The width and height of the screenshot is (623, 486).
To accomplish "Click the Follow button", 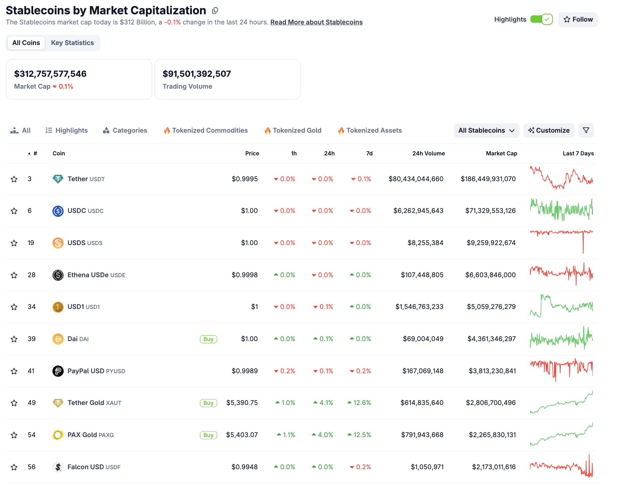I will tap(578, 20).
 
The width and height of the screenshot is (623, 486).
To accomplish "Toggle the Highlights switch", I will tap(541, 19).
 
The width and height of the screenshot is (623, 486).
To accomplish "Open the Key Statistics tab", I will tap(72, 43).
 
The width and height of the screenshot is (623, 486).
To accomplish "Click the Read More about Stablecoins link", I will tap(316, 22).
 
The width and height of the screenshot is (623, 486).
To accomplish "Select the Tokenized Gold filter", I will tap(293, 131).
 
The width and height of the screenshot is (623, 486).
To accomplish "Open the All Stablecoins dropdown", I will tap(486, 131).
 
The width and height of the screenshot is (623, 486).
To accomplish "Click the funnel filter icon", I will tap(586, 131).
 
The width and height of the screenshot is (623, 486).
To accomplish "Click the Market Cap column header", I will tap(501, 154).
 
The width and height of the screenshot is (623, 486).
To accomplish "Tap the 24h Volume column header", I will tap(428, 154).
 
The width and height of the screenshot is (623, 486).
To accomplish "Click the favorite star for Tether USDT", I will tap(14, 179).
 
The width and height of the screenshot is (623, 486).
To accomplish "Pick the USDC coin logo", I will tap(58, 211).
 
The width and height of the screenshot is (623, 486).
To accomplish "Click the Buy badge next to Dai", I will tap(208, 339).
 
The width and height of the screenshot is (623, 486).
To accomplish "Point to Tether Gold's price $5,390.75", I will tap(242, 403).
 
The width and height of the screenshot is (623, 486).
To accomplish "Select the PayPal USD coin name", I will tap(86, 371).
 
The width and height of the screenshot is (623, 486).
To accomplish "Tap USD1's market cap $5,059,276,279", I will tap(491, 307).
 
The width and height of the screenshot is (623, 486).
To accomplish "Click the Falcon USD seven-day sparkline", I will tap(561, 467).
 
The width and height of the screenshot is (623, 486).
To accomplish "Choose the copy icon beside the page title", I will tap(215, 10).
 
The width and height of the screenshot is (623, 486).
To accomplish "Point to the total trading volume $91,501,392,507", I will tap(197, 74).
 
